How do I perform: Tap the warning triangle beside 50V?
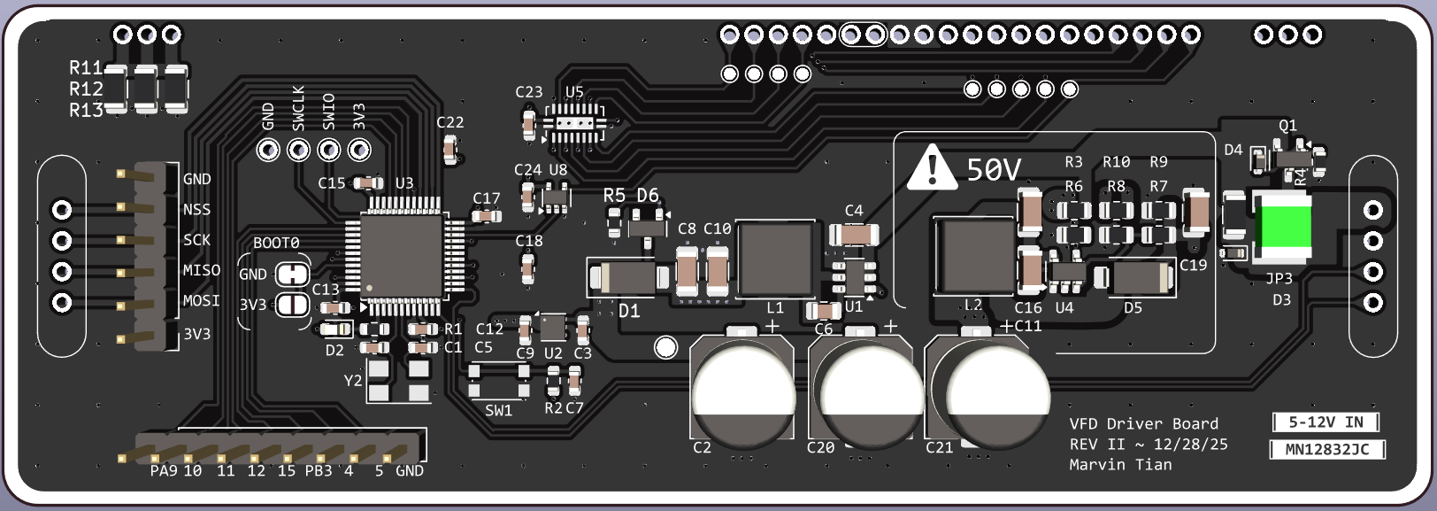pos(932,167)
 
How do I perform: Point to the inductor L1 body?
pos(776,259)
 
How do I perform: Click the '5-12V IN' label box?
pos(1326,422)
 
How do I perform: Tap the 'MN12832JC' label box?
pos(1327,449)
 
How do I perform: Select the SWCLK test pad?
pos(298,151)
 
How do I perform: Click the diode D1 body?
pos(628,277)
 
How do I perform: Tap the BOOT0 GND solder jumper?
pos(293,275)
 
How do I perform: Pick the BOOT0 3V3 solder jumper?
pos(293,305)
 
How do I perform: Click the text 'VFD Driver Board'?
pos(1144,423)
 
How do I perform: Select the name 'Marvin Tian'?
pos(1120,464)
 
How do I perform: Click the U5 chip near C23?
pos(573,123)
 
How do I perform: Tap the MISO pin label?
pos(202,270)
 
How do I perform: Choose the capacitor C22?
pos(450,151)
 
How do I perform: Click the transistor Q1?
pos(1294,157)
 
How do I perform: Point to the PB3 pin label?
pos(319,470)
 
